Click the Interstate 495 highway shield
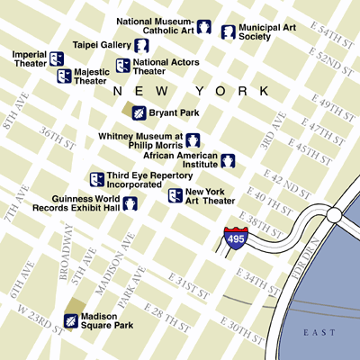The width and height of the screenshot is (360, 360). coord(234,238)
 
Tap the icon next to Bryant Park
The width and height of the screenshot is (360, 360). coord(139,112)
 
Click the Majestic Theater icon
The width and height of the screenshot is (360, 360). coord(64,76)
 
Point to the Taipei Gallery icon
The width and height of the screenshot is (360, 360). coord(141,44)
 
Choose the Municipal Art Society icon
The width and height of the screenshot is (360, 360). coord(229,32)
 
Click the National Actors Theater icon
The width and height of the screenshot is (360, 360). coord(122,66)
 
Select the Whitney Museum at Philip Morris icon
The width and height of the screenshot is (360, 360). coord(193,139)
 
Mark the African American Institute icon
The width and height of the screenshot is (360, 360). coord(229,161)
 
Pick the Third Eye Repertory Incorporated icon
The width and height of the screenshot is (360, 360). coord(96,179)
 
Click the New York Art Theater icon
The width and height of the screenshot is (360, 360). coord(175,195)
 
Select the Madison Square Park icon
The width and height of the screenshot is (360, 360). coord(70,320)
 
